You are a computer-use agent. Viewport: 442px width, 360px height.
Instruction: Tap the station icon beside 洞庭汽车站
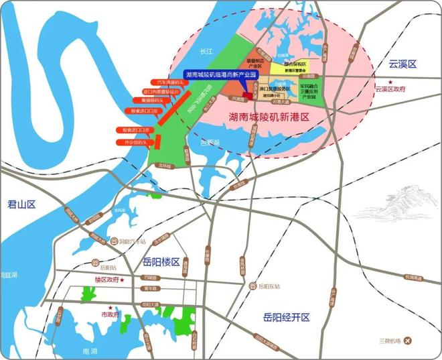[x=115, y=241]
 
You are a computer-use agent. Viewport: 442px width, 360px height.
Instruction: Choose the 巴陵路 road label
[x=149, y=277]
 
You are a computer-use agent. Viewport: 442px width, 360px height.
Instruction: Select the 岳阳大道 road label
[x=151, y=305]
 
